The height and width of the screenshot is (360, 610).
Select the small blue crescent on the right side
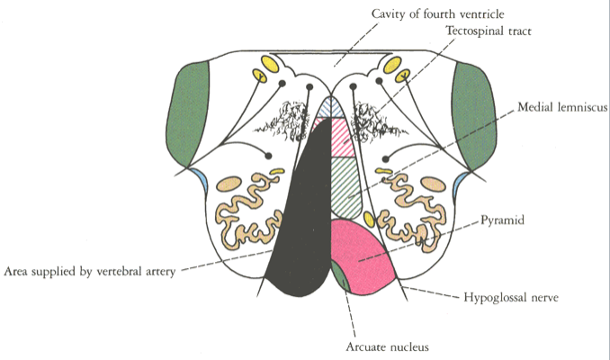462,184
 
